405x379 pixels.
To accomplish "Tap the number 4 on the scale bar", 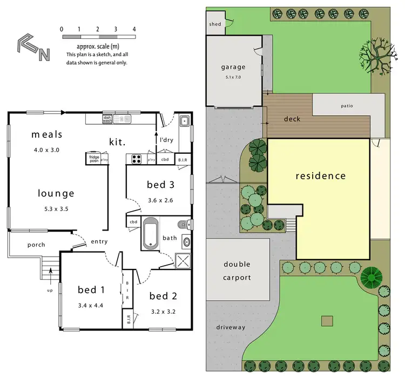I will click(133, 29).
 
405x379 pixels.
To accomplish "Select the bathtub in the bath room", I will click(151, 233).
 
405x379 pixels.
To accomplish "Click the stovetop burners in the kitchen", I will click(136, 159).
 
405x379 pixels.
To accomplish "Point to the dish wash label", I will click(107, 119).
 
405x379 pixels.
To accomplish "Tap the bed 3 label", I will click(160, 185).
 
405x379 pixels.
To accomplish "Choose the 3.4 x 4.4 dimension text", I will click(90, 306).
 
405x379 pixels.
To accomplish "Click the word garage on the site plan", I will click(233, 67).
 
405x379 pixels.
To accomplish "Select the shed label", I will click(214, 24).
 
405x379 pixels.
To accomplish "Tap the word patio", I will click(346, 106).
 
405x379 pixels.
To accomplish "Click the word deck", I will click(292, 119).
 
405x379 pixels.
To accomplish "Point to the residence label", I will click(320, 175).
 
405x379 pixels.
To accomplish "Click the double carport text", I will click(237, 271).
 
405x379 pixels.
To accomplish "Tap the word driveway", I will click(231, 327).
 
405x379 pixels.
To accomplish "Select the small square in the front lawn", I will click(326, 320).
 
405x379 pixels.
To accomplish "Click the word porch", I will click(36, 245).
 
